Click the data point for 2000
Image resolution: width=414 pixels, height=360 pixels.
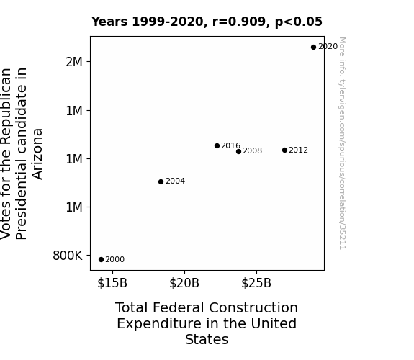click(x=101, y=260)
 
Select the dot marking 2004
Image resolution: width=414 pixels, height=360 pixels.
click(x=161, y=181)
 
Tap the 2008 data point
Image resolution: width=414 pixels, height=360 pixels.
click(x=239, y=152)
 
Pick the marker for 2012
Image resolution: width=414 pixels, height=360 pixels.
click(x=284, y=150)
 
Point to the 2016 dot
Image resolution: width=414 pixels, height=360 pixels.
click(x=217, y=145)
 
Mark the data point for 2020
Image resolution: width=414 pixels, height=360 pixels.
click(x=313, y=48)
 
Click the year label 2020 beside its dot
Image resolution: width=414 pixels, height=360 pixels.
click(x=328, y=47)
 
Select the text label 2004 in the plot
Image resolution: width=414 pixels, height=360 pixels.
click(x=175, y=181)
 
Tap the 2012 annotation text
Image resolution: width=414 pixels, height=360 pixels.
click(x=298, y=150)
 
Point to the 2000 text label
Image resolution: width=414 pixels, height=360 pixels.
click(x=115, y=260)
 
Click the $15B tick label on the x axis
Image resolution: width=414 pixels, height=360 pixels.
click(x=112, y=283)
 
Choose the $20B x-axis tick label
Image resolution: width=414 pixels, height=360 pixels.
click(x=184, y=283)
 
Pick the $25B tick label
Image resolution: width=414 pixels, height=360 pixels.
click(x=256, y=283)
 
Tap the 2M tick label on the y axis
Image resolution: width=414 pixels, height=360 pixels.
click(x=74, y=62)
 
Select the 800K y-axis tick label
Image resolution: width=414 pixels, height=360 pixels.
click(x=68, y=256)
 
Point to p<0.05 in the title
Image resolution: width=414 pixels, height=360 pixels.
click(x=299, y=22)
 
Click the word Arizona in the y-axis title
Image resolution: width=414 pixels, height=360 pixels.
click(x=37, y=154)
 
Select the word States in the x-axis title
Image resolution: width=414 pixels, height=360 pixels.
click(x=207, y=339)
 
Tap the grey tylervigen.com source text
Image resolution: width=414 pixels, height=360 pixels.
click(x=342, y=143)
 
